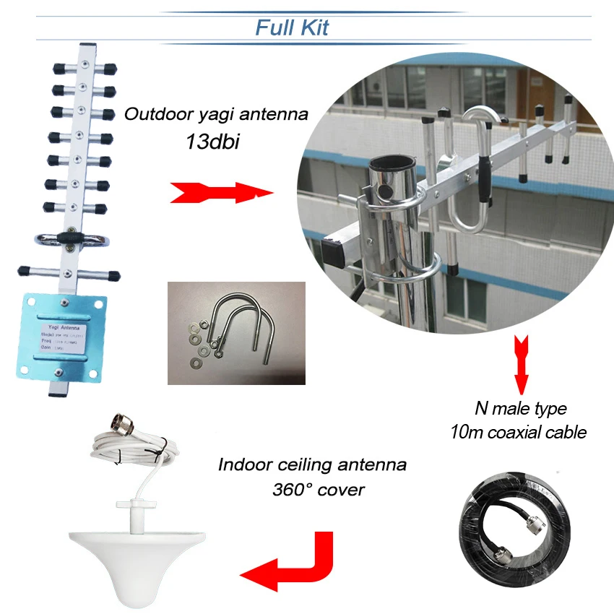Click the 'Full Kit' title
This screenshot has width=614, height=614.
[x=292, y=27]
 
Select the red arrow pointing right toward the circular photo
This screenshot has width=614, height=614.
[x=220, y=193]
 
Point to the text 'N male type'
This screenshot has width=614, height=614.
[x=520, y=408]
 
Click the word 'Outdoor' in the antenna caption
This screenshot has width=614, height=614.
[x=152, y=113]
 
